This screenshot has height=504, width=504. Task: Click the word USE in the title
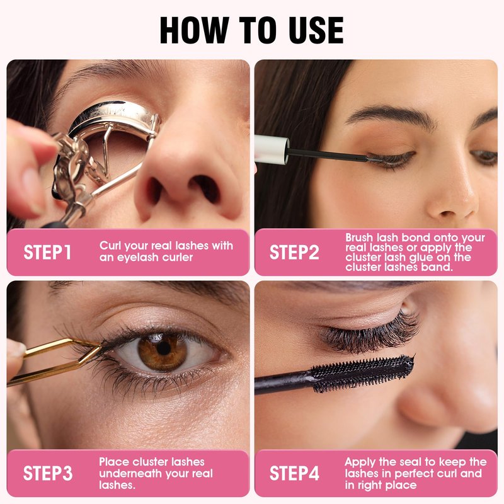316,30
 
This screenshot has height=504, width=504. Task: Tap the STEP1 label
47,252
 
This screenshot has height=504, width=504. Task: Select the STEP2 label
294,252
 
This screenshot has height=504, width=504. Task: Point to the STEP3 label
48,473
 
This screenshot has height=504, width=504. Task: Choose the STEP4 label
294,473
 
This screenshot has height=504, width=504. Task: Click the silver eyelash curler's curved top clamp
113,114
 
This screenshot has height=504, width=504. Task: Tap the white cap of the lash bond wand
271,150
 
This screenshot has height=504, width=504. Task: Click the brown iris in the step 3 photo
163,352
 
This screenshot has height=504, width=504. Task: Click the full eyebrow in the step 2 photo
391,117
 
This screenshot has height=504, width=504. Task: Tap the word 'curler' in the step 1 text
178,258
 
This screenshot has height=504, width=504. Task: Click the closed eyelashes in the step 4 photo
370,335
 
